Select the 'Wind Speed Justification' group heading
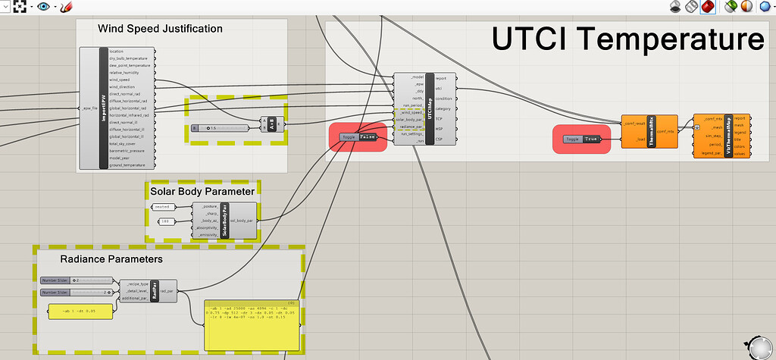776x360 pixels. coord(160,29)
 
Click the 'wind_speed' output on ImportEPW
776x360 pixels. coord(120,80)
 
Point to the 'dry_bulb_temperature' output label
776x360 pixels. coord(128,58)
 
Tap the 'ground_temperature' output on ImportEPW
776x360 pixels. coord(127,164)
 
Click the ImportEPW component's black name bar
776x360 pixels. coord(104,108)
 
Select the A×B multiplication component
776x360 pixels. coord(271,124)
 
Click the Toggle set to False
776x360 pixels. coord(358,137)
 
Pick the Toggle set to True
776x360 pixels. coord(582,139)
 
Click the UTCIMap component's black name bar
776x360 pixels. coord(430,109)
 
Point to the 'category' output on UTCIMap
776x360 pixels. coord(443,108)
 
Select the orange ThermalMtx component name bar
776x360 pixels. coord(651,132)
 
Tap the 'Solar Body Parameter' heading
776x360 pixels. coord(202,191)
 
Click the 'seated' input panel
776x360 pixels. coord(163,206)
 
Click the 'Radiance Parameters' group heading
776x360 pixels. coord(111,259)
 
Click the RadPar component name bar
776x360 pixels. coord(154,290)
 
